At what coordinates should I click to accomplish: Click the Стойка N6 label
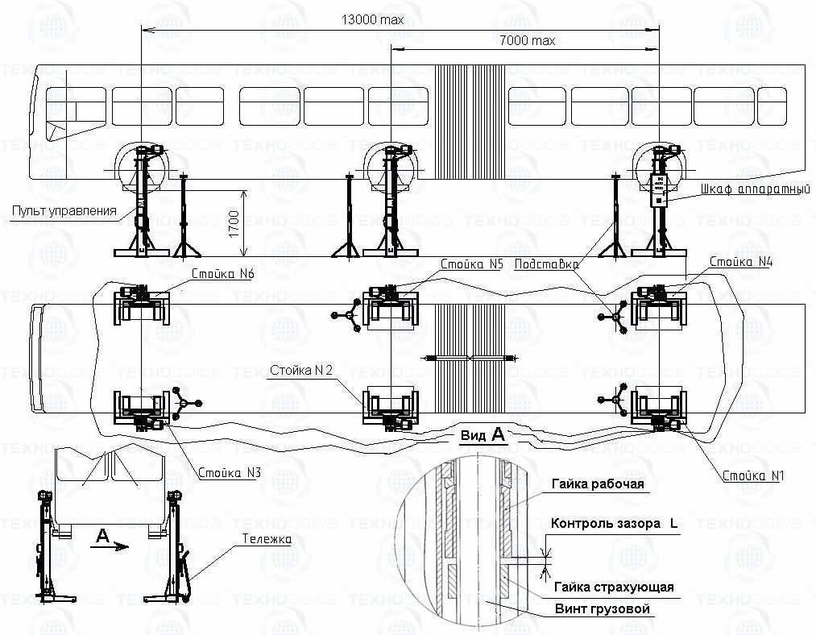(x=223, y=274)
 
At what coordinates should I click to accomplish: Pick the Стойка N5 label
(x=471, y=264)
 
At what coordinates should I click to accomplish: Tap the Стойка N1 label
(x=753, y=475)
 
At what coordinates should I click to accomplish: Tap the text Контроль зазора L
(x=614, y=524)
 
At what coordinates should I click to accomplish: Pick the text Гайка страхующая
(x=612, y=587)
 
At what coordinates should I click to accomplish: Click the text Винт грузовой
(x=601, y=608)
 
